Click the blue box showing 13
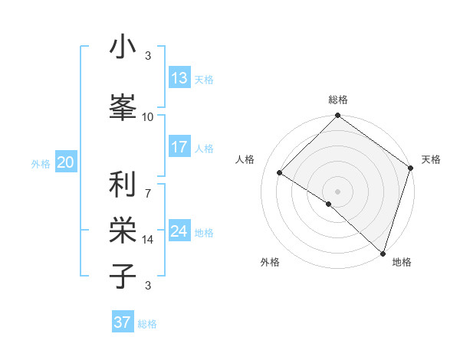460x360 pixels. [179, 78]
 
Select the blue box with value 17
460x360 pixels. [179, 147]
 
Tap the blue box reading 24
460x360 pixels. [179, 231]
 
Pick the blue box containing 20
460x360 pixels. [66, 162]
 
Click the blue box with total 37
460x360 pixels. [123, 322]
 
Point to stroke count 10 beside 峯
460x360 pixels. [148, 116]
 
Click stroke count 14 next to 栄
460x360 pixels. [148, 240]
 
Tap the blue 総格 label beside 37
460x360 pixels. [147, 324]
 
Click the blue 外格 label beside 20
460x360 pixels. [41, 163]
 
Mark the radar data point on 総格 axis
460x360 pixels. [337, 116]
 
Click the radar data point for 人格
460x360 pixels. [280, 172]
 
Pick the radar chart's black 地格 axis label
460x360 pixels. [402, 262]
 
